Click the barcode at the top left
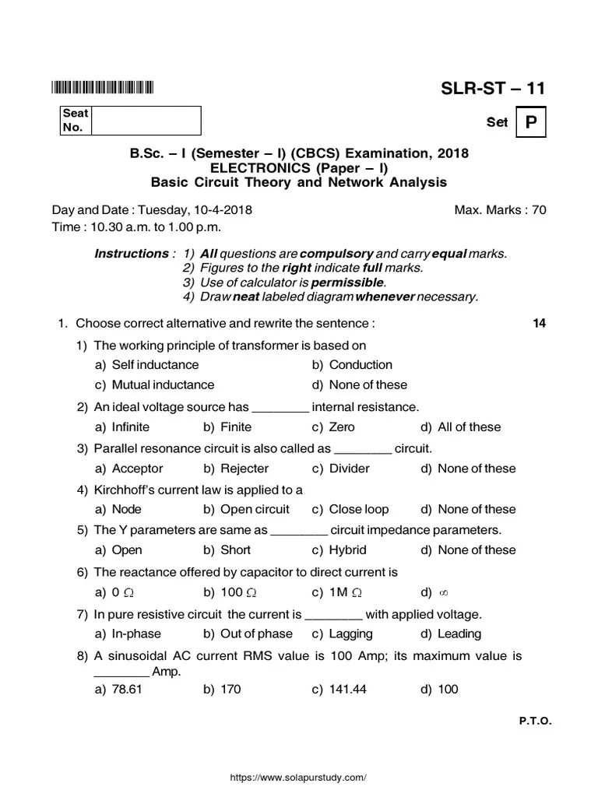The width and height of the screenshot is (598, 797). point(103,88)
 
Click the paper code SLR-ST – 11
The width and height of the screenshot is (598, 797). point(493,88)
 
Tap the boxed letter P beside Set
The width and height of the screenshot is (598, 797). point(530,122)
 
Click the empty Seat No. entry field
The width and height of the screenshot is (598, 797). point(146,121)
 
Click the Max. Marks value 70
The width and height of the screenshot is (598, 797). point(539,210)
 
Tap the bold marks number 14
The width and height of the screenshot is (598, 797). point(539,324)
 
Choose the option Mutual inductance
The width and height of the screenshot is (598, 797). point(163,384)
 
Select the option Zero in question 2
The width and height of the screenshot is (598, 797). point(342,427)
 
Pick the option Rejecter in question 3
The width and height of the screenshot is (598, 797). point(244,469)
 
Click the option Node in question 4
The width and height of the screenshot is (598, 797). point(127,509)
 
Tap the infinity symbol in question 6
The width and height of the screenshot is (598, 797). point(445,593)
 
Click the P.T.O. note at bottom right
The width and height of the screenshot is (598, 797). point(535,721)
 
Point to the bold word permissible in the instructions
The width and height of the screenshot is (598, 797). point(347,282)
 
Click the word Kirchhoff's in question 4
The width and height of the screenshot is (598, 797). point(127,490)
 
